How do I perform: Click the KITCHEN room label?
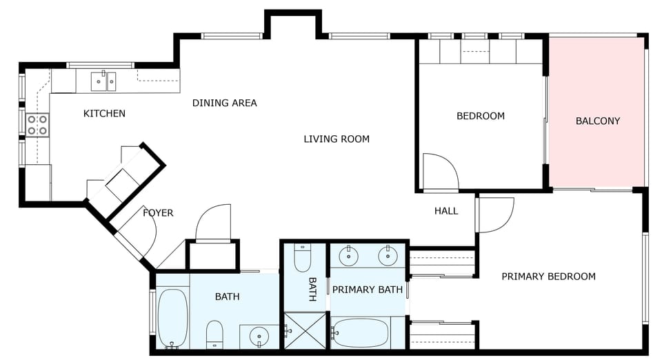point(104,113)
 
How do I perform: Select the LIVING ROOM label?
point(337,139)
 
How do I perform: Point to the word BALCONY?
point(598,121)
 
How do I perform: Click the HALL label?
point(446,210)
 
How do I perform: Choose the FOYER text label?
point(158,212)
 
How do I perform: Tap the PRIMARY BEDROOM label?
point(548,277)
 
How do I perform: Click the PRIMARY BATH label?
point(367,290)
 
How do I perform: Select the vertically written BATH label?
point(312,290)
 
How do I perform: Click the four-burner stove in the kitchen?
point(37,124)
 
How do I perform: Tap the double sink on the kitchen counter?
point(105,81)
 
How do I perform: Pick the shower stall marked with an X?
point(304,330)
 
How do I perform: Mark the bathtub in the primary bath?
point(359,333)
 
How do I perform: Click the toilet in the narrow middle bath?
point(302,259)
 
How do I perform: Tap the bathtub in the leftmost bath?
point(172,319)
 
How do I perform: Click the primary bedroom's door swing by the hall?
point(494,214)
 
